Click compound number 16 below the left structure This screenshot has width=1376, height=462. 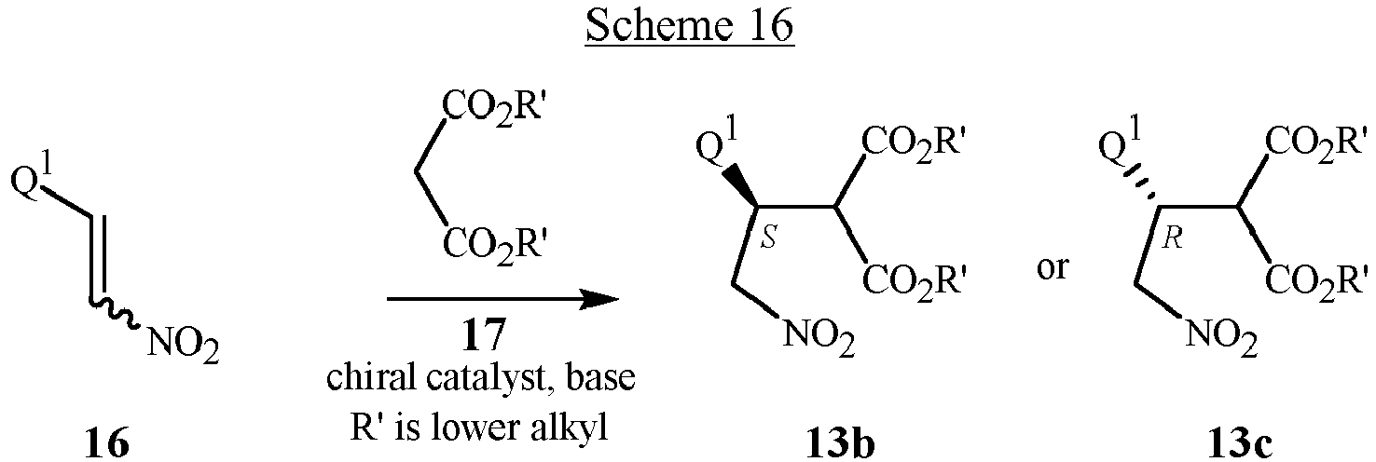click(107, 443)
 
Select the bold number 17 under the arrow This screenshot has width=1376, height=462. click(484, 334)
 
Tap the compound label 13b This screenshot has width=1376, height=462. click(840, 443)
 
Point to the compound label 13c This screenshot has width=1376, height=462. click(1237, 443)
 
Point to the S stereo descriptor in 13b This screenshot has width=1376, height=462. click(768, 238)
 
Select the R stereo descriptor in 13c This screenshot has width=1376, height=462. click(1172, 238)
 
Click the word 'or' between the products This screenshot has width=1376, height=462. click(1052, 267)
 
